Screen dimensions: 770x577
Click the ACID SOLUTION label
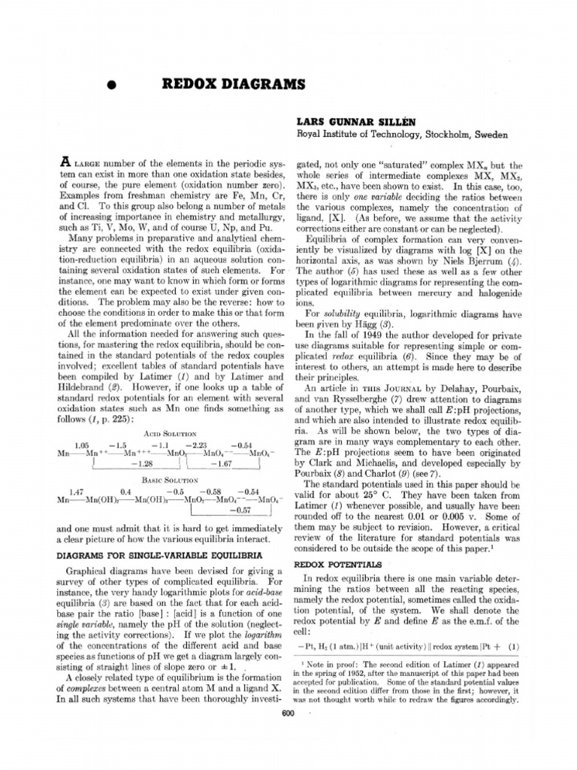click(x=169, y=434)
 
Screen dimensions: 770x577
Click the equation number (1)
click(x=514, y=646)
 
